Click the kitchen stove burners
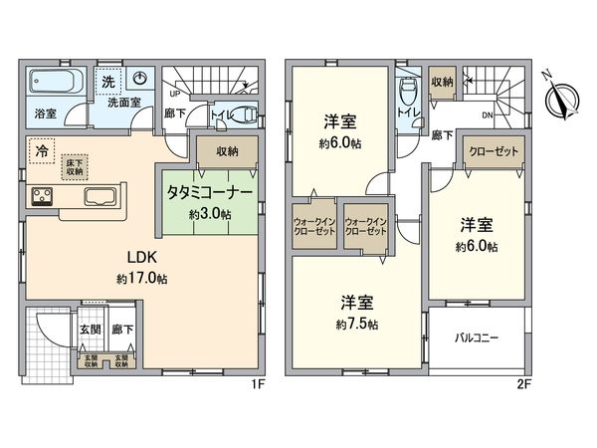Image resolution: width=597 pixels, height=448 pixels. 45,194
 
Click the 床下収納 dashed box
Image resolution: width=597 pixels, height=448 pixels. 74,166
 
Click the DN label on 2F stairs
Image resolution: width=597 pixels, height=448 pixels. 487,114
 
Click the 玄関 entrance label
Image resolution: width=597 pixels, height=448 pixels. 90,329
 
